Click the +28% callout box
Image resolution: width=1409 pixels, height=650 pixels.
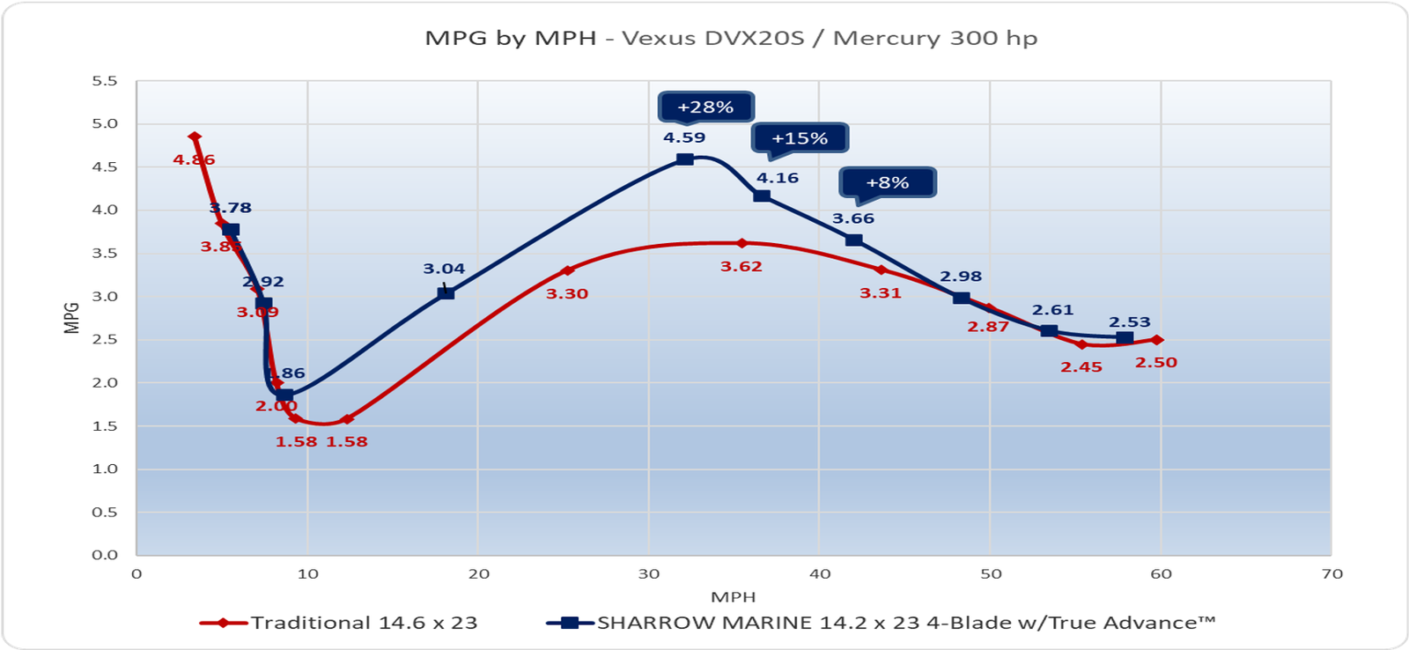point(705,107)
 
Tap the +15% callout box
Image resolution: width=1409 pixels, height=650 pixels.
point(800,138)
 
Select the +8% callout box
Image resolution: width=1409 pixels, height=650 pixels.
point(887,182)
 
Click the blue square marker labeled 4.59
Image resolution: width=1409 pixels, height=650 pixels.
point(684,159)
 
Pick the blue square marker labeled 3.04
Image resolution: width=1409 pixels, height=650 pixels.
point(446,292)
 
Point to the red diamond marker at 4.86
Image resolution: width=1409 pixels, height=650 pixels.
point(195,137)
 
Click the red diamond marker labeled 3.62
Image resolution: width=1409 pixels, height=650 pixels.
point(741,243)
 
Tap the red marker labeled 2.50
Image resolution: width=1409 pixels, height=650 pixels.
point(1157,340)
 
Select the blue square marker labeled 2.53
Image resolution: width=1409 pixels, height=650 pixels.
point(1125,338)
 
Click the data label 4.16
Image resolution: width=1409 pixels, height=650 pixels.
point(778,178)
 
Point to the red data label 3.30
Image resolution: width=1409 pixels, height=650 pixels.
point(566,294)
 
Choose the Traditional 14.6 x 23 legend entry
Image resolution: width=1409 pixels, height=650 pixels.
point(339,623)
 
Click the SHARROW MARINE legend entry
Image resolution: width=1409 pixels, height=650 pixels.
point(881,623)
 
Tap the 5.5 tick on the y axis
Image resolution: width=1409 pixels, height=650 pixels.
point(105,81)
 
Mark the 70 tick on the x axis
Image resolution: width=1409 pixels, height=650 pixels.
point(1332,574)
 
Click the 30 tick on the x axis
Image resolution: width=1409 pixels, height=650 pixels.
point(649,574)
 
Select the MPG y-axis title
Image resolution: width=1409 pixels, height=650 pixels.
point(72,318)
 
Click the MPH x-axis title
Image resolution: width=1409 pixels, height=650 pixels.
point(734,597)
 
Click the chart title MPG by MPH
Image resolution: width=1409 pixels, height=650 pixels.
point(731,39)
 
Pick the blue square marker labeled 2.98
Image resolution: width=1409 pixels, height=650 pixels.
point(961,299)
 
